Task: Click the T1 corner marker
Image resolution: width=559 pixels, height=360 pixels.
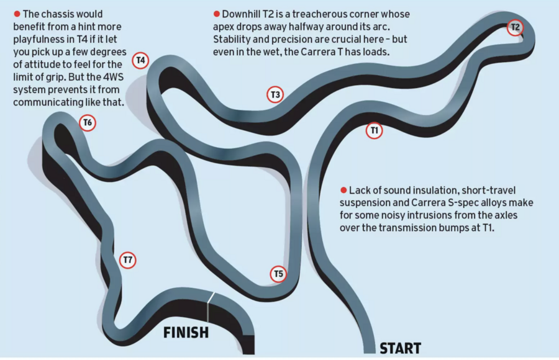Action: [x=374, y=131]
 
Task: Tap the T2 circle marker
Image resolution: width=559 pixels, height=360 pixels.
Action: [x=515, y=27]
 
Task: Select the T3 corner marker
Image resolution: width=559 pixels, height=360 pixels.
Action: [x=275, y=95]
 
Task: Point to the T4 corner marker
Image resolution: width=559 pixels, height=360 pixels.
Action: [x=141, y=61]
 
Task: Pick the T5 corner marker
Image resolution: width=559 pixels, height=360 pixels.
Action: [x=278, y=274]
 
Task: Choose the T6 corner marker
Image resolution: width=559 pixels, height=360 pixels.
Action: [x=88, y=123]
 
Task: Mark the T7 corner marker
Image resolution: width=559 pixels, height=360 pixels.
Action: [x=128, y=260]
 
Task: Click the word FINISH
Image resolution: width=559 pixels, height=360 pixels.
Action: [x=186, y=333]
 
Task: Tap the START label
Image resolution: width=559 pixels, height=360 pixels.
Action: [x=400, y=348]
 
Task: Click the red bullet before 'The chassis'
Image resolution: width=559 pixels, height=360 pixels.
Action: [x=17, y=14]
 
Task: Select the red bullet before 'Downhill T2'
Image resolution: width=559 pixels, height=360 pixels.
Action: [x=217, y=14]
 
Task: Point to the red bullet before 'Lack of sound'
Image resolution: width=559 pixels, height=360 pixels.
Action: [x=343, y=189]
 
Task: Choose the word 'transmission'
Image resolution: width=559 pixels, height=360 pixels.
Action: [x=420, y=229]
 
